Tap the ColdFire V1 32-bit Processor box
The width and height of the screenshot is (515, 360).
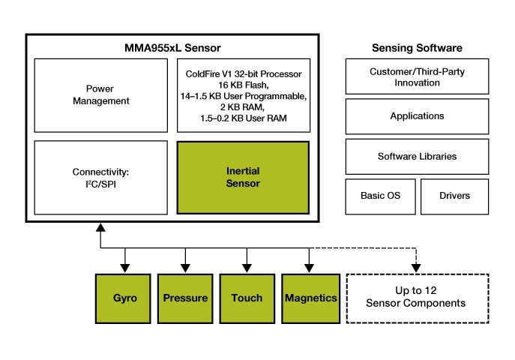(x=244, y=94)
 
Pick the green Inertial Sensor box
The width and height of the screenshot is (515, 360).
(x=243, y=177)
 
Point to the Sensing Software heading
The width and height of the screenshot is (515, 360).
(x=417, y=49)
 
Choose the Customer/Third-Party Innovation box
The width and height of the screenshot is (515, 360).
(x=417, y=77)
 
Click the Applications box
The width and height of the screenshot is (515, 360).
(x=417, y=116)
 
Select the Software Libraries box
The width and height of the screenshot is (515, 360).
(x=417, y=156)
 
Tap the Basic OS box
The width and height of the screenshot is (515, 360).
(x=380, y=196)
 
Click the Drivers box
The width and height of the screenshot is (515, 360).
(x=454, y=196)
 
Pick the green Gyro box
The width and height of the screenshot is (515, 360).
(x=124, y=298)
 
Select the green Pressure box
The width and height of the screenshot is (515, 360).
(x=186, y=298)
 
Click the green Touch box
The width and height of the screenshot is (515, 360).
(x=247, y=298)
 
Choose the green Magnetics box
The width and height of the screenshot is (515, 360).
(x=310, y=298)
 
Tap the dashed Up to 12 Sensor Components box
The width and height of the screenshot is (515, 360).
(x=417, y=298)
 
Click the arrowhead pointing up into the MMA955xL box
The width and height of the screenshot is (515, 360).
(x=100, y=227)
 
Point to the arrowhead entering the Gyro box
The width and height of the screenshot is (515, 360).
(x=125, y=268)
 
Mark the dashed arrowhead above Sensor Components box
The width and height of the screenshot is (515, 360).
(x=417, y=268)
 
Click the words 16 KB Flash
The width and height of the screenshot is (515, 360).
(x=243, y=85)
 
